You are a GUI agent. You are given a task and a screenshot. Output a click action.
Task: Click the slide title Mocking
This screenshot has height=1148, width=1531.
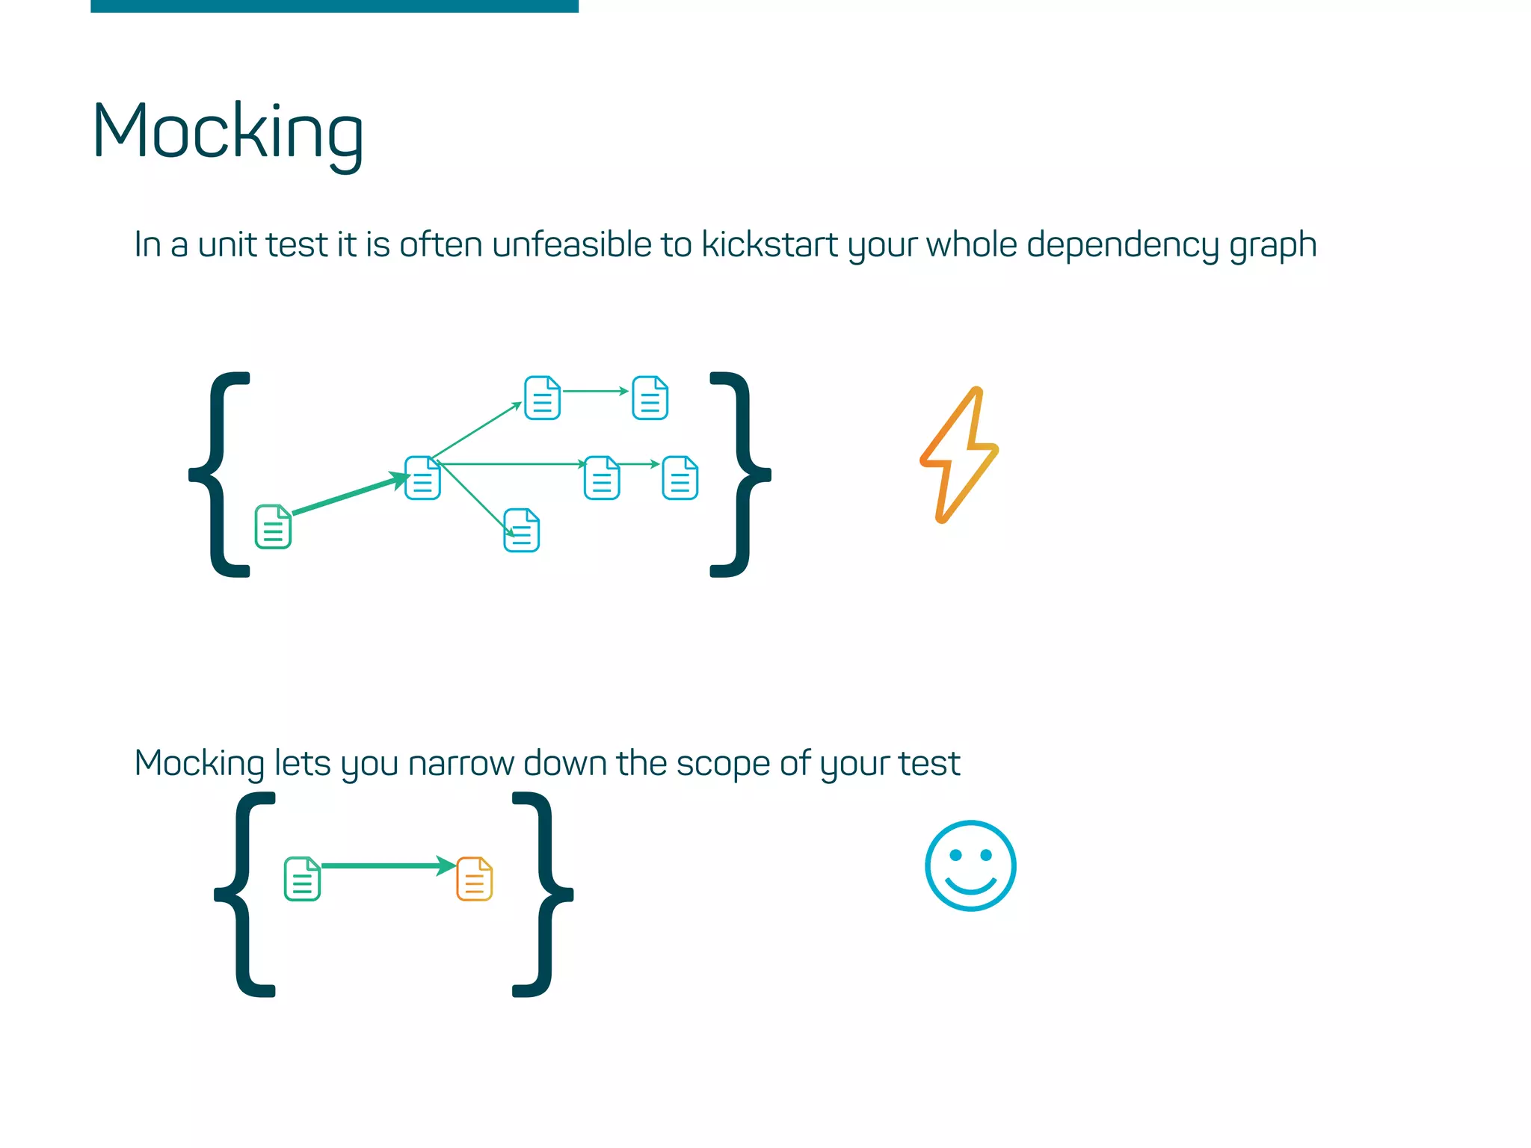point(227,133)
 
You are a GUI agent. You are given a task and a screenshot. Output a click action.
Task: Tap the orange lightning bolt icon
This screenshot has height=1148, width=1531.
point(959,455)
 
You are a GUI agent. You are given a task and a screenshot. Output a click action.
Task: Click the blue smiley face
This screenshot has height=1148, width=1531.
point(970,865)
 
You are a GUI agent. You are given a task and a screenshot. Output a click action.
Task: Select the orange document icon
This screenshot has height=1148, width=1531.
point(475,879)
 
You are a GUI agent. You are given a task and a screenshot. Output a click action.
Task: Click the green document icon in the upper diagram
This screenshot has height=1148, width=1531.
point(273,527)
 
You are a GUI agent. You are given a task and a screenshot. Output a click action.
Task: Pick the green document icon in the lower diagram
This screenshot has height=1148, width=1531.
point(302,879)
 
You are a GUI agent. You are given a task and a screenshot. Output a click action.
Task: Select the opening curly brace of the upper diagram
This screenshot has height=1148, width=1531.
point(221,474)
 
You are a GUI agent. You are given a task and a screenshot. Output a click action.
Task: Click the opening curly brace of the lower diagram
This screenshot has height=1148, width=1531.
point(246,894)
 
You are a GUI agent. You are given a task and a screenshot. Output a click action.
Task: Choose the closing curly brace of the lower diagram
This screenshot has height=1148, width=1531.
point(541,894)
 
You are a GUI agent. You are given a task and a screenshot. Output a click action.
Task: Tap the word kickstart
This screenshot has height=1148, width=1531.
point(769,245)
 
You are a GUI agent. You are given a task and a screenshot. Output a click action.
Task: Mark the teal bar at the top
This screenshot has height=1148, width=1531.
point(334,6)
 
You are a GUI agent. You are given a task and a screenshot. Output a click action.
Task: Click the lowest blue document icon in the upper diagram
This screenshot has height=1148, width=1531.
point(522,531)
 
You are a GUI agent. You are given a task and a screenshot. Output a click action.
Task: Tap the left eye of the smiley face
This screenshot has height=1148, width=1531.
point(955,855)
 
